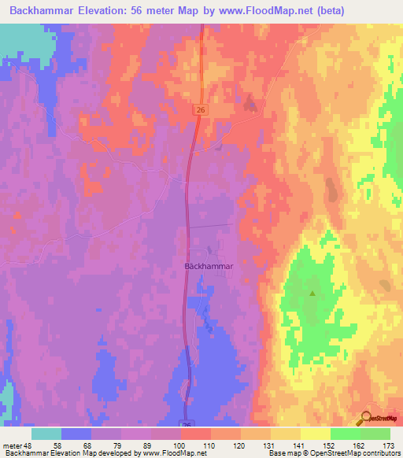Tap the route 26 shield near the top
pos(201,111)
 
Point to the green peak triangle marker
pos(312,294)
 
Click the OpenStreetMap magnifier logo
pos(366,419)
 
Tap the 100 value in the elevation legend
pos(179,445)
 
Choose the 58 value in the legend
pos(57,445)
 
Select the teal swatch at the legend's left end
pos(46,434)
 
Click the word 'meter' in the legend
pos(12,445)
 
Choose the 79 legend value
pos(118,445)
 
